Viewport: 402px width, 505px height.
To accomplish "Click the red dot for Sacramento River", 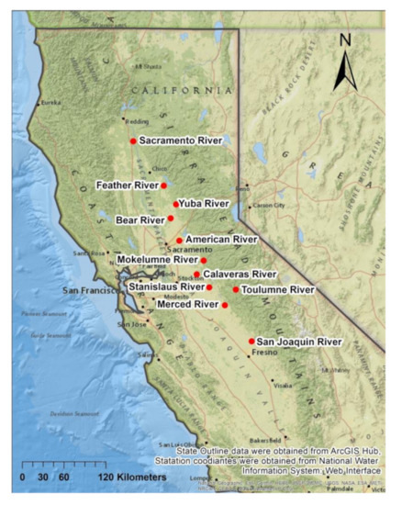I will point(133,140).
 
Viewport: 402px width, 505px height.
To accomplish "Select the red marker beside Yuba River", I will point(175,204).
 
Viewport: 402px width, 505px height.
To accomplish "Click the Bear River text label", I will point(140,220).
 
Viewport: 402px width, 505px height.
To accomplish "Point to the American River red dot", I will point(179,241).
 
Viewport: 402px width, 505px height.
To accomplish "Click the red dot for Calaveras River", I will point(196,274).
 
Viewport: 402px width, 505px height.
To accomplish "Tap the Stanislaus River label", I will point(166,287).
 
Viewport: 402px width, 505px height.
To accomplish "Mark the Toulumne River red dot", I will point(235,289).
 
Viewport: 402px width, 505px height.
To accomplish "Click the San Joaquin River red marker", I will point(251,342).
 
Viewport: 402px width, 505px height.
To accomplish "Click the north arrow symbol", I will point(345,70).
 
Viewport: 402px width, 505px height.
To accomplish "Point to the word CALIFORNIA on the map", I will point(181,90).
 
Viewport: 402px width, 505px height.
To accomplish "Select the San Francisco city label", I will point(91,290).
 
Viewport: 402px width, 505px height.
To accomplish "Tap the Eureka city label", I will point(50,103).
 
